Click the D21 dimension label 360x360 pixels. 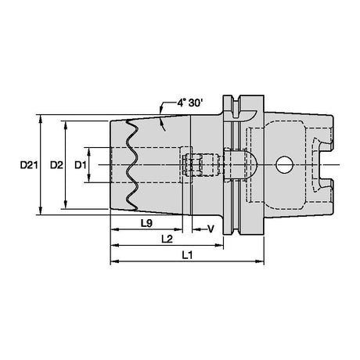click(x=29, y=165)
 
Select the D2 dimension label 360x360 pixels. click(x=56, y=165)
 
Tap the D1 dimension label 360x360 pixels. click(x=81, y=165)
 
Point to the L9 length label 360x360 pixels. click(x=146, y=223)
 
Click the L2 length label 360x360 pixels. click(x=167, y=239)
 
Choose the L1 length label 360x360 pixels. click(x=187, y=255)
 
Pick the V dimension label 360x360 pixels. click(x=211, y=229)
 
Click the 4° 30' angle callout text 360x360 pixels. click(x=189, y=103)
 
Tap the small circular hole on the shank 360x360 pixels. click(x=284, y=165)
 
